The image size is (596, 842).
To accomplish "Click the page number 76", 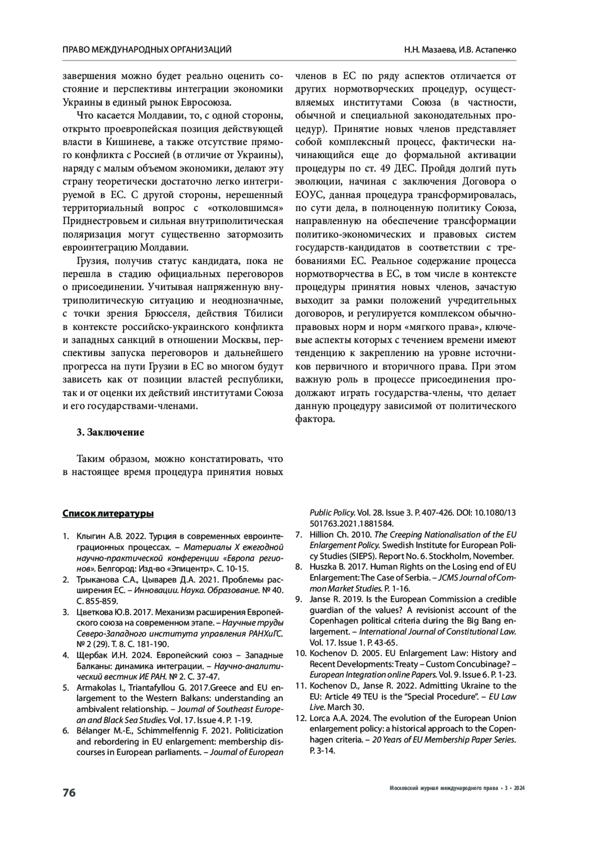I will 69,793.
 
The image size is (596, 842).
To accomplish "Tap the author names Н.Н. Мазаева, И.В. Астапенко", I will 459,50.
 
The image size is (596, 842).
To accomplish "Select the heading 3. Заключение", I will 110,432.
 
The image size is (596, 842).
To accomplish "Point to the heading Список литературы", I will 108,514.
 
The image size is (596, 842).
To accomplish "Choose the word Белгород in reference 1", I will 114,569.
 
